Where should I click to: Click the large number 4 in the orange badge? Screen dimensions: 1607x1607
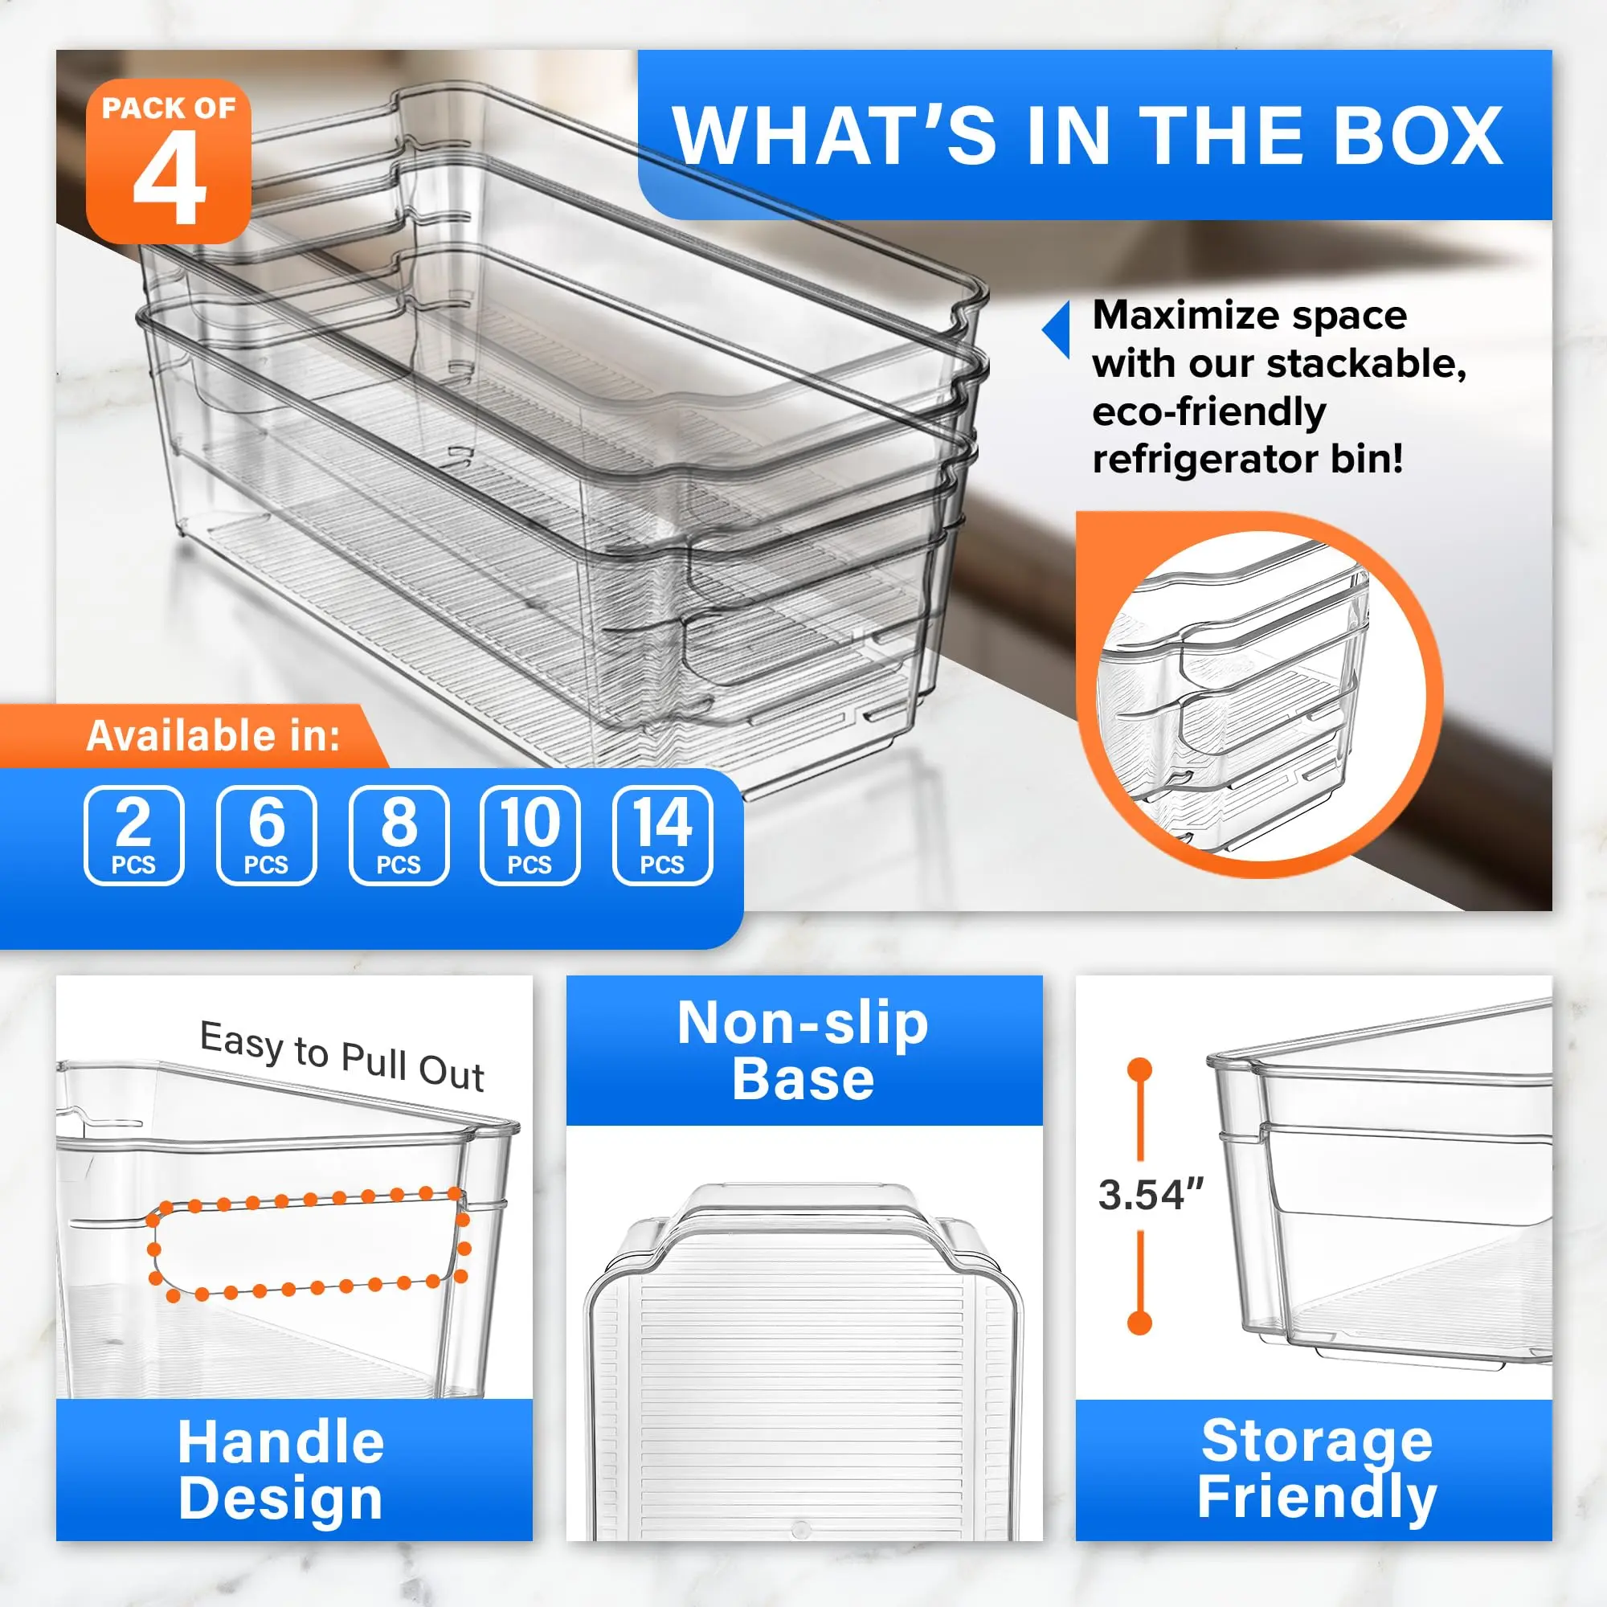[x=170, y=179]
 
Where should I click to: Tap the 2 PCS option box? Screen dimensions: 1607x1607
[x=134, y=835]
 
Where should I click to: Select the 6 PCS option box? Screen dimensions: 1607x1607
[x=266, y=835]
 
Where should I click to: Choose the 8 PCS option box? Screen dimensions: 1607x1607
[x=399, y=835]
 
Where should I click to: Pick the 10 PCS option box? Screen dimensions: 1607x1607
[x=530, y=835]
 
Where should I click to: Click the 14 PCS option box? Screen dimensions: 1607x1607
[x=662, y=835]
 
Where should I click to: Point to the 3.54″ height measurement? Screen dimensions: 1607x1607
[x=1151, y=1195]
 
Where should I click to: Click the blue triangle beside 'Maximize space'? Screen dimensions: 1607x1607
[x=1057, y=330]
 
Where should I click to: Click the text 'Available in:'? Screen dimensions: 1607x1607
[x=214, y=736]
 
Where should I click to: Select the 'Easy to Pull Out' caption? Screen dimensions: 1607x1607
[x=341, y=1056]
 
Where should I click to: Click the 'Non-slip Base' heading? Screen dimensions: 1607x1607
[x=803, y=1050]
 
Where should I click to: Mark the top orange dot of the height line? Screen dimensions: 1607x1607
[x=1139, y=1069]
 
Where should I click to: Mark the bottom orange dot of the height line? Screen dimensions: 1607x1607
[x=1139, y=1323]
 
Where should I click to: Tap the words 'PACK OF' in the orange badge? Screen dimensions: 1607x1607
[x=169, y=108]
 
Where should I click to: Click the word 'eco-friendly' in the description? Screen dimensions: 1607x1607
[x=1209, y=411]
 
